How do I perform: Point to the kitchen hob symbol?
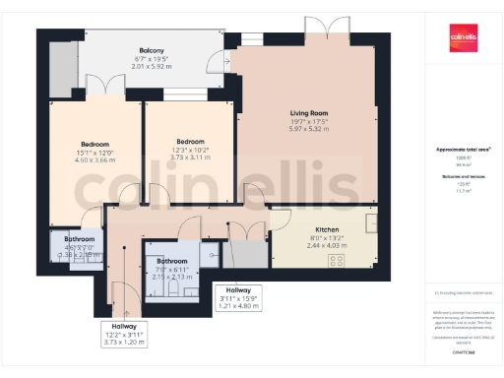point(336,261)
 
